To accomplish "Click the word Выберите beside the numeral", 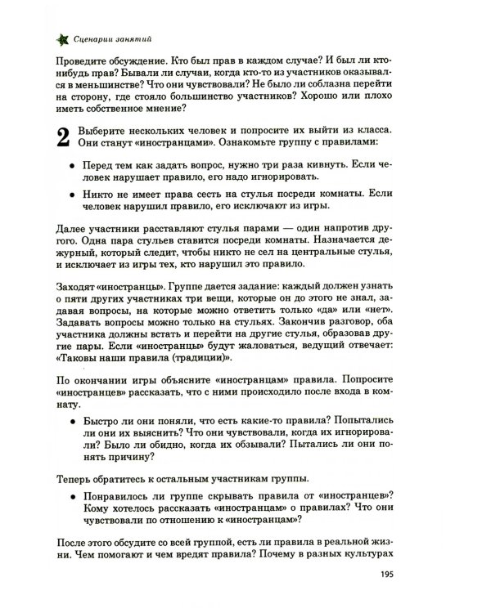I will (x=103, y=132).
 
